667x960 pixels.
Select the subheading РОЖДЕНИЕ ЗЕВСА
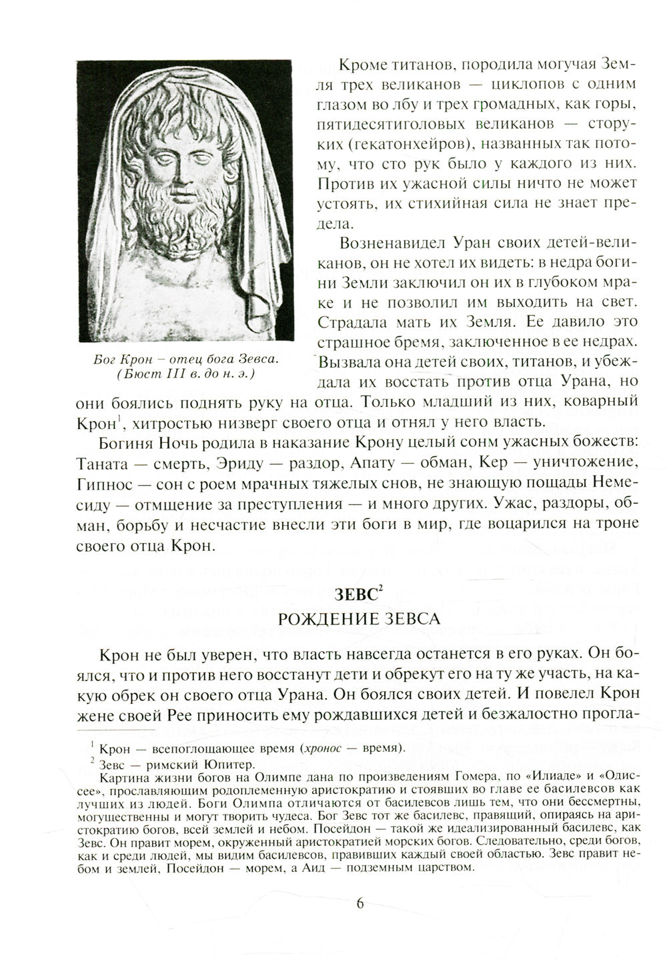[358, 618]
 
